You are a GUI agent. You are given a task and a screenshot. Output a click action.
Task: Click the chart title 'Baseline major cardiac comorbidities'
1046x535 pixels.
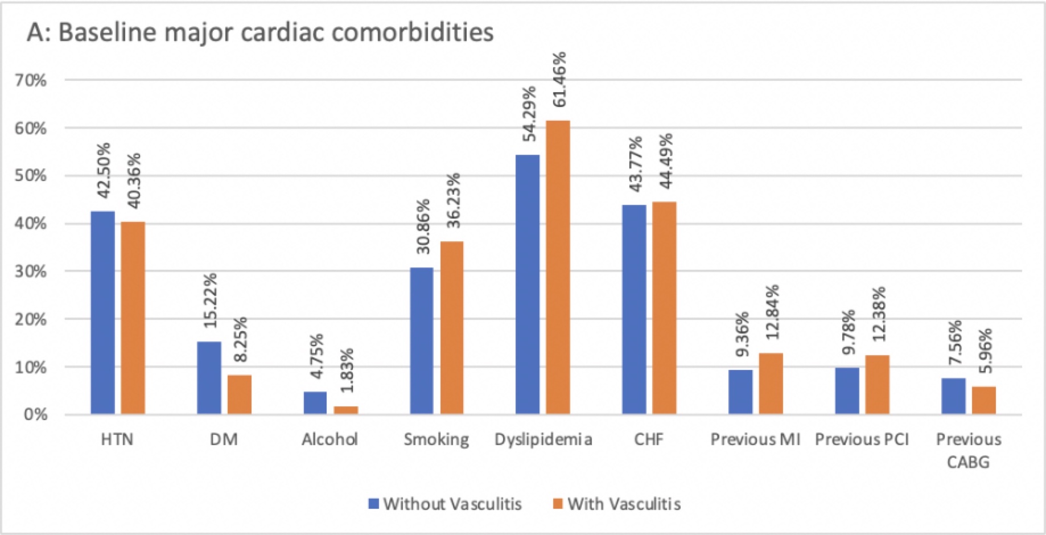[x=260, y=33]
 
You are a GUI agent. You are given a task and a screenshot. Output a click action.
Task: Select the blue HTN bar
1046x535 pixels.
[x=102, y=312]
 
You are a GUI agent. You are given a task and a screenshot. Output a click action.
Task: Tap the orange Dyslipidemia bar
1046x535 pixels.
[x=558, y=267]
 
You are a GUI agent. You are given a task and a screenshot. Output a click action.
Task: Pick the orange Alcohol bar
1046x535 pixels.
[x=345, y=410]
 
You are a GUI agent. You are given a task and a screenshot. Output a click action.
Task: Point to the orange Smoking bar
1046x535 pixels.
[x=451, y=327]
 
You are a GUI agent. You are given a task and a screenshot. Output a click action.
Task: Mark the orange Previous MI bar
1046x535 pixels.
[x=771, y=383]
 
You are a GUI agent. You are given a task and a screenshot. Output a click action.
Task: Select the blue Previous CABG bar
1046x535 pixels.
[x=953, y=396]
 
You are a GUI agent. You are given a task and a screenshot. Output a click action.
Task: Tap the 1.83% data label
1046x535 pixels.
[x=347, y=370]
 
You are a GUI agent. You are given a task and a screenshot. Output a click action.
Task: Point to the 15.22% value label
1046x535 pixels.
[x=211, y=301]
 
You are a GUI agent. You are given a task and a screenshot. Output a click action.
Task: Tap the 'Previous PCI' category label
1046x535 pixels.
[x=862, y=439]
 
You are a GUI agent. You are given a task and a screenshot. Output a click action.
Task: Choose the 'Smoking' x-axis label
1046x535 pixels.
[x=436, y=439]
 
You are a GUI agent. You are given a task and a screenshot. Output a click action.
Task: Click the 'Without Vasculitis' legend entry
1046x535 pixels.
[x=445, y=504]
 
